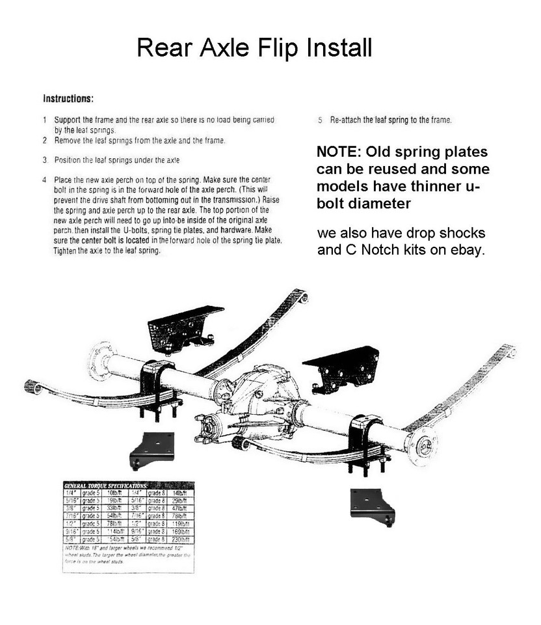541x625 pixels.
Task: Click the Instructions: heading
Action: [x=68, y=100]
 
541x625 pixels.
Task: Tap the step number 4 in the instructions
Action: [x=44, y=179]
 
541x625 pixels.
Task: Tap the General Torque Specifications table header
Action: [x=105, y=486]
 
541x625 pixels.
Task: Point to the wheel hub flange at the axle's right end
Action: [x=422, y=446]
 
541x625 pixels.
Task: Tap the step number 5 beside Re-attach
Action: [x=320, y=120]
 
